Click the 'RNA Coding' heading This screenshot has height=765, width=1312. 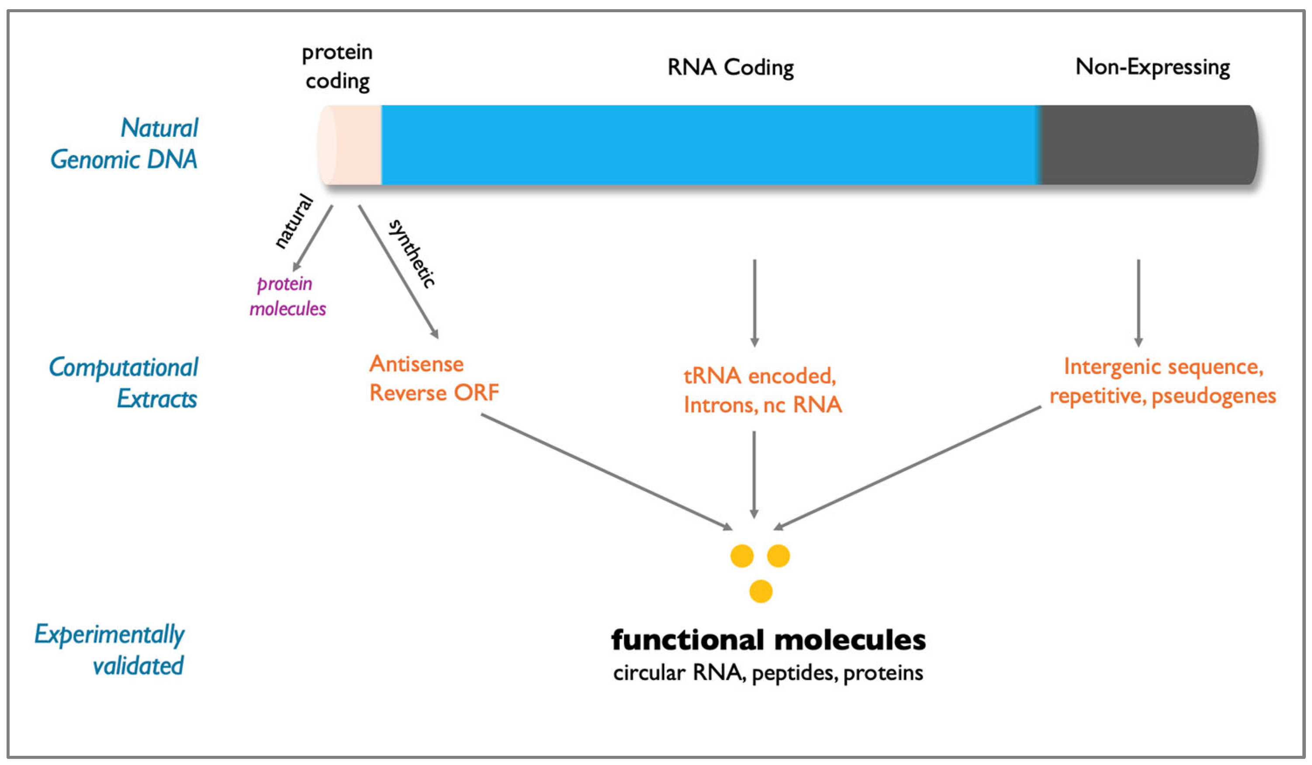click(x=730, y=68)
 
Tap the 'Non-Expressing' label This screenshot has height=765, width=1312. click(x=1152, y=68)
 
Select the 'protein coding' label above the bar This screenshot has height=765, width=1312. click(x=337, y=67)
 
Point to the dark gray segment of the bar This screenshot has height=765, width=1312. click(x=1146, y=145)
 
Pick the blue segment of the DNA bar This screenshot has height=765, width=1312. click(x=708, y=145)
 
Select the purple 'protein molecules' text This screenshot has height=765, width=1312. click(x=287, y=296)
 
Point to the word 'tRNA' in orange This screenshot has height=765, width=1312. click(x=712, y=376)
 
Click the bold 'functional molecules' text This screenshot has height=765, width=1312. click(x=768, y=640)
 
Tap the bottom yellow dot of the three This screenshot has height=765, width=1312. click(x=760, y=592)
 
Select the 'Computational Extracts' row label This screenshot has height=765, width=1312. click(x=124, y=383)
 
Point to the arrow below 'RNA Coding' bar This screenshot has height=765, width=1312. click(x=755, y=302)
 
